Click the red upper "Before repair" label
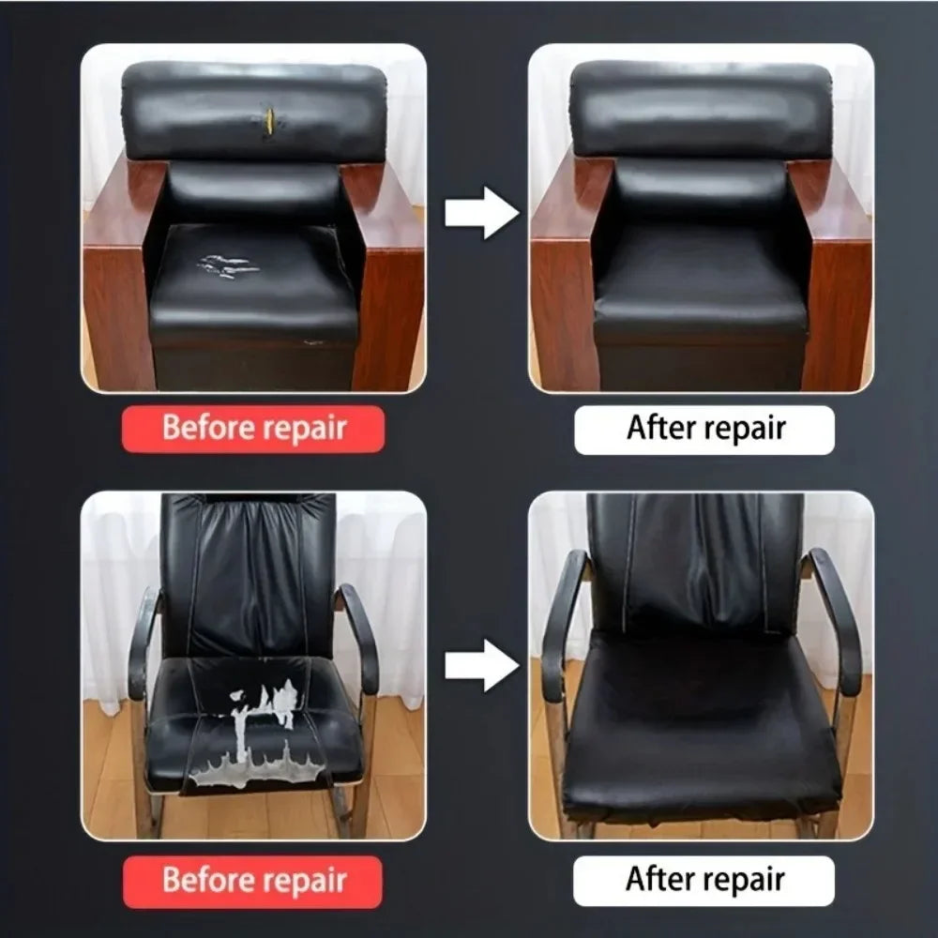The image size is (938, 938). coord(253,430)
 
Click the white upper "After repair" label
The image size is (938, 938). coord(704,430)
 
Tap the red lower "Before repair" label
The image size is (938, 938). coord(253,881)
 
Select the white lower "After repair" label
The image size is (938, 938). coord(704,881)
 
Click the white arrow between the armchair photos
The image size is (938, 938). coord(480,213)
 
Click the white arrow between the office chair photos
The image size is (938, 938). coord(480,665)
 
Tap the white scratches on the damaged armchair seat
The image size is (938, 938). coord(228,265)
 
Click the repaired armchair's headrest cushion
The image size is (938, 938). coord(702,111)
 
